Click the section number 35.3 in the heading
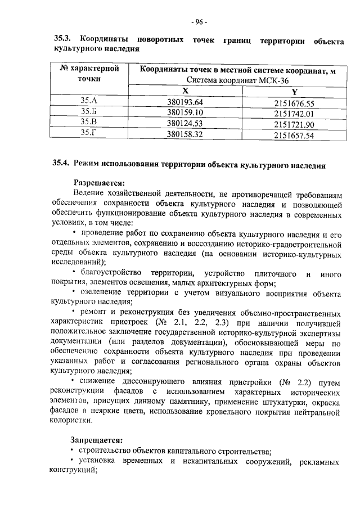point(61,40)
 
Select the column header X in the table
point(185,91)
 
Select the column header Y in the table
point(294,92)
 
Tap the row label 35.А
point(89,101)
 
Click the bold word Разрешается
point(99,182)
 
